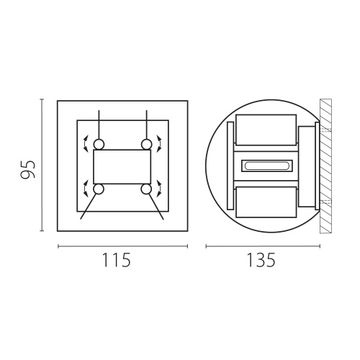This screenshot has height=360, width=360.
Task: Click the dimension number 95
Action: coord(27,169)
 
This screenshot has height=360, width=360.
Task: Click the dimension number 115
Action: coord(117,260)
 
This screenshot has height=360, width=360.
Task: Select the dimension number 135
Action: coord(261,260)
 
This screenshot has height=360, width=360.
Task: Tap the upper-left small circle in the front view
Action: coord(99,145)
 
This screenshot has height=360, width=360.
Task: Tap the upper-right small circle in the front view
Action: coord(146,145)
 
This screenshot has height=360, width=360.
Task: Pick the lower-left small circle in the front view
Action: coord(99,189)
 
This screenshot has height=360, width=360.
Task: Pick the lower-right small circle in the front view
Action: coord(146,189)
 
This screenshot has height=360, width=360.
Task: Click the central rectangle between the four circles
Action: coord(122,167)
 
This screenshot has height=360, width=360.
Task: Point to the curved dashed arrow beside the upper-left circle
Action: coord(84,143)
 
